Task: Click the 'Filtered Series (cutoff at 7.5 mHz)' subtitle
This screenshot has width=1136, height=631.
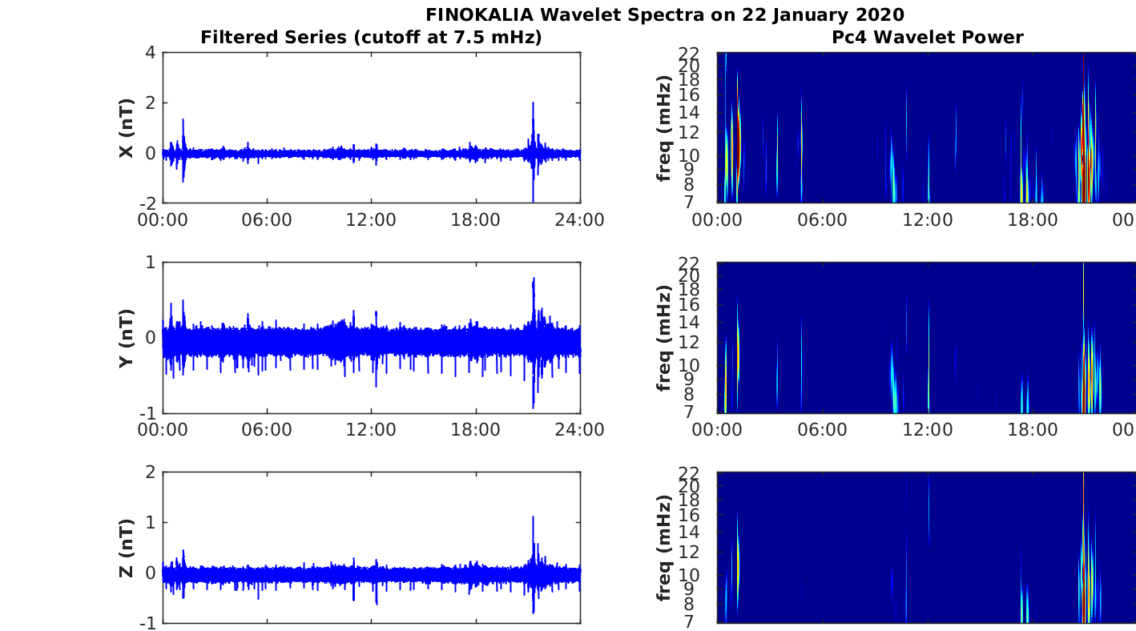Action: pos(371,37)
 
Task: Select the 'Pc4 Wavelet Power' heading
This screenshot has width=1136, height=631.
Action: pos(927,37)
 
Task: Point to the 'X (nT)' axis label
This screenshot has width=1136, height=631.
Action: pos(127,128)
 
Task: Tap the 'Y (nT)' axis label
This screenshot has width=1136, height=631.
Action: pos(127,338)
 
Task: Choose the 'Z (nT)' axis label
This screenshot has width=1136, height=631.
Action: pos(127,548)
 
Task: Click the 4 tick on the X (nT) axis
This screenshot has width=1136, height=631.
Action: pos(150,53)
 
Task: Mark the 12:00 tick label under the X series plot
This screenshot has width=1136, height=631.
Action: pos(371,219)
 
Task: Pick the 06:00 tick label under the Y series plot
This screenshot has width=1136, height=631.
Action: pos(267,429)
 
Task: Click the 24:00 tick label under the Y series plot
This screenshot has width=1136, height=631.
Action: pos(579,429)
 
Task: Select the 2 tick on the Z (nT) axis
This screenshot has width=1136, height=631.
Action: pos(150,472)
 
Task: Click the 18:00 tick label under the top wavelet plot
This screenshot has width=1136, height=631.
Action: pos(1032,219)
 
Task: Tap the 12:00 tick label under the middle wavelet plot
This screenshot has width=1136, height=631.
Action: pos(927,429)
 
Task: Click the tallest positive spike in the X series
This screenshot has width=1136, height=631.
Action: pos(533,102)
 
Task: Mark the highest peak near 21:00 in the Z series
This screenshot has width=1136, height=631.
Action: pos(533,516)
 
